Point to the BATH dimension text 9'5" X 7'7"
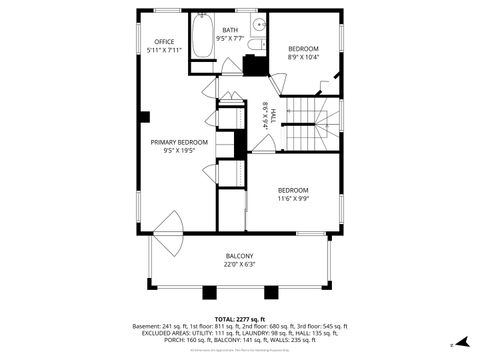230,39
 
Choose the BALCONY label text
239,257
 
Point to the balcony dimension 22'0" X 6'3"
239,265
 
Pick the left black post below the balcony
209,293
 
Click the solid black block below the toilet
256,65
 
